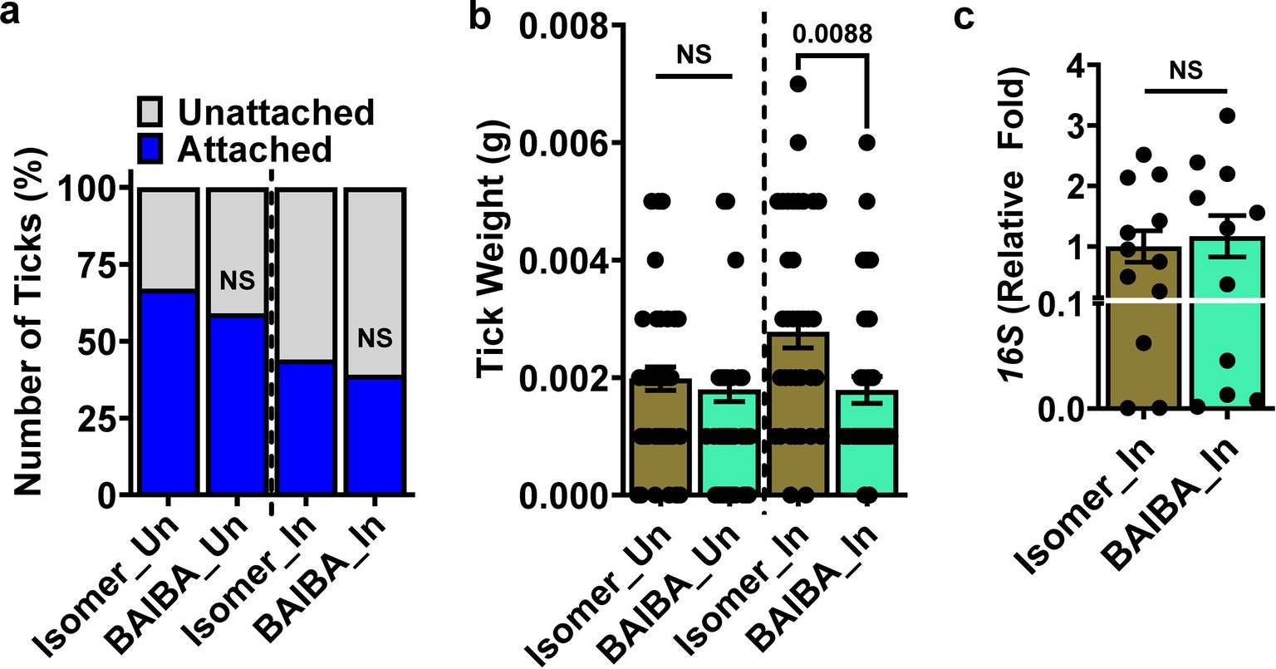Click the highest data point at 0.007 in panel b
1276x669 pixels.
(798, 83)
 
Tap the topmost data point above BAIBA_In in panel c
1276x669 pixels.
(1228, 115)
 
